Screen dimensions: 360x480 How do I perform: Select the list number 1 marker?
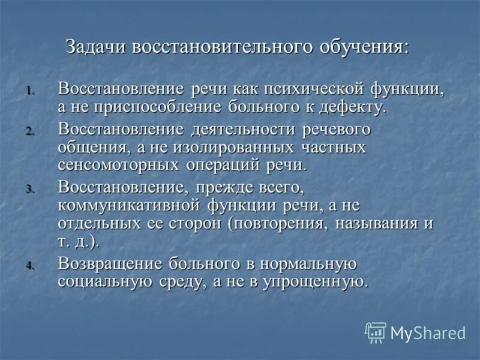coord(31,92)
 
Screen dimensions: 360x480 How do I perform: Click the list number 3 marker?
coord(31,189)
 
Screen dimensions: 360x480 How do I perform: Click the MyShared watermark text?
coord(428,333)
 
